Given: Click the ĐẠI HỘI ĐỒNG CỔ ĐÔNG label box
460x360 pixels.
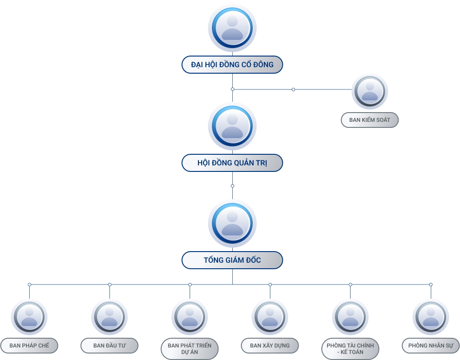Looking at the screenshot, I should (232, 65).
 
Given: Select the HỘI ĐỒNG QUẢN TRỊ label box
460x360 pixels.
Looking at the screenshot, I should (232, 163).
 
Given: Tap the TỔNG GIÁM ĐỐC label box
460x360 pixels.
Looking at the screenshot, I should (232, 260).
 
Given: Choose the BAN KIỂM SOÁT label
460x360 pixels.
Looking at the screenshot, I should (370, 120).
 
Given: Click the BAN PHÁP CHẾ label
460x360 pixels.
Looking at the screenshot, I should (29, 346).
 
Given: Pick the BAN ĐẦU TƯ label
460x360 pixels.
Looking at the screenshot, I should (109, 346).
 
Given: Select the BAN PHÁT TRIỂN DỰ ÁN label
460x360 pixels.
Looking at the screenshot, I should (190, 349).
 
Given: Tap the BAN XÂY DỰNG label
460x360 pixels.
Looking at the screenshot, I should (270, 346).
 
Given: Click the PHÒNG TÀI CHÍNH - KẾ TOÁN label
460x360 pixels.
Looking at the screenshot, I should (350, 349).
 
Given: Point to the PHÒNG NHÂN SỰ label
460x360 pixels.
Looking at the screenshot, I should (431, 346).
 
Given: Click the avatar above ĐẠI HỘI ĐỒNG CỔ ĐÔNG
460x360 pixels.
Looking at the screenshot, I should (232, 28).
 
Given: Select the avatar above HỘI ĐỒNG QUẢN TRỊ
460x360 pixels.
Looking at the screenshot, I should (232, 126).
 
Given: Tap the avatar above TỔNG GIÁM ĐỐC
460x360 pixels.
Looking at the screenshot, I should (232, 223).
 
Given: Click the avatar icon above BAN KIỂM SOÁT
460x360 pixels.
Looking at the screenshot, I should (370, 91).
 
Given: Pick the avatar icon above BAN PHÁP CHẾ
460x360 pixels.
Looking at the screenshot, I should (29, 317).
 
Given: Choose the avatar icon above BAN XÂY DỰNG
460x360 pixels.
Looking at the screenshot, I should (270, 317).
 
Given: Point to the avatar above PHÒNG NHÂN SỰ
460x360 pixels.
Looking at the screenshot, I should (431, 317).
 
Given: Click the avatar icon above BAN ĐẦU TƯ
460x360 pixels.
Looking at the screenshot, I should (109, 317).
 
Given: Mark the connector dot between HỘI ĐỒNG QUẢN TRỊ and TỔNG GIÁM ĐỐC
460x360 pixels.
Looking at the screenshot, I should (232, 186).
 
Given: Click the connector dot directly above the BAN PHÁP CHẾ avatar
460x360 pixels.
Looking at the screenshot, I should (29, 284).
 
